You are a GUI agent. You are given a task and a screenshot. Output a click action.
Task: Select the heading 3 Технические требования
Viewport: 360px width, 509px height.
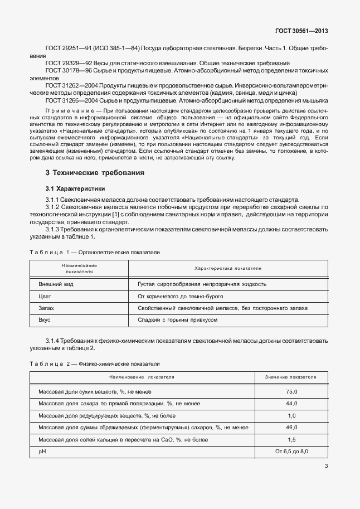pyautogui.click(x=95, y=173)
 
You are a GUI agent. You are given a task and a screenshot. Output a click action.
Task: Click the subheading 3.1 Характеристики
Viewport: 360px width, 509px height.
pyautogui.click(x=75, y=189)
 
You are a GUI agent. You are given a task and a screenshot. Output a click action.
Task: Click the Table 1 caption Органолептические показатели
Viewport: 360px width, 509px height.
pyautogui.click(x=120, y=253)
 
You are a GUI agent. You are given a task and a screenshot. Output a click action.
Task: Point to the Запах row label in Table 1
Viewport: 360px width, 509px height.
pyautogui.click(x=46, y=308)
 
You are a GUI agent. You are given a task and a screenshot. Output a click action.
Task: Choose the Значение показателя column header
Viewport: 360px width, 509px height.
pyautogui.click(x=291, y=377)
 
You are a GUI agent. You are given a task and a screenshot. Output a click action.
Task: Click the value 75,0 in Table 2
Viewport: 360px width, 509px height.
pyautogui.click(x=291, y=392)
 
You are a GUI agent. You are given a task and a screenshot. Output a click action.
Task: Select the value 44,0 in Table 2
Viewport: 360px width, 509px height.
pyautogui.click(x=291, y=404)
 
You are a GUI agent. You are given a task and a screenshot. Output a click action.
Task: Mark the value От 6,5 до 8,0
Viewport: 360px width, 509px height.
pyautogui.click(x=291, y=451)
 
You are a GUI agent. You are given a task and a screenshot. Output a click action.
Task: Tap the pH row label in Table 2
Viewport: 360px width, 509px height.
pyautogui.click(x=42, y=451)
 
